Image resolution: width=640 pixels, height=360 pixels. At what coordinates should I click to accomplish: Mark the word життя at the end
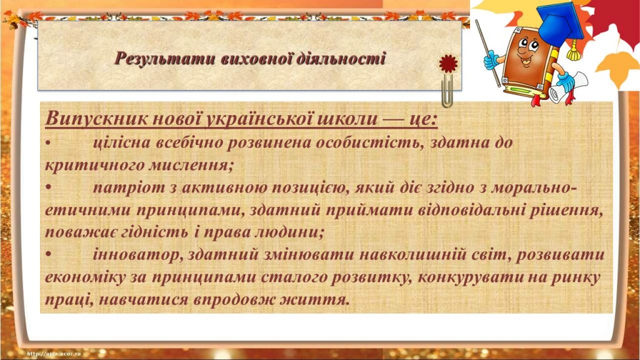(316, 299)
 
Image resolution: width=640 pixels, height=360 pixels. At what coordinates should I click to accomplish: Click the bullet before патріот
(49, 187)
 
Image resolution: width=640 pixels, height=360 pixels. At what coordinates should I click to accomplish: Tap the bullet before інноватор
(49, 255)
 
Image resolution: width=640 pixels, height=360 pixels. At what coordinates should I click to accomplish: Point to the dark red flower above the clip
(448, 63)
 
